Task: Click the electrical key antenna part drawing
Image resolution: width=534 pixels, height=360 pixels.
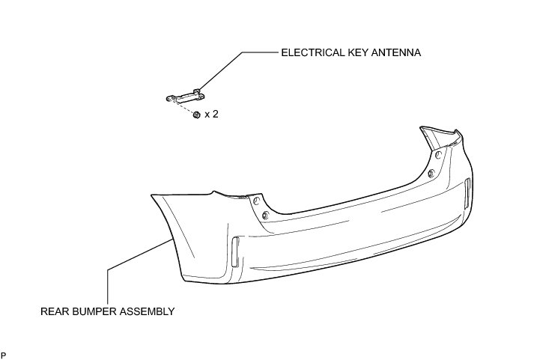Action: pyautogui.click(x=183, y=96)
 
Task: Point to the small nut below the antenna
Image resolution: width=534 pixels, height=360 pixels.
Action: pyautogui.click(x=195, y=115)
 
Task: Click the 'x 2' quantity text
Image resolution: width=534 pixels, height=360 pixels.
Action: pyautogui.click(x=210, y=115)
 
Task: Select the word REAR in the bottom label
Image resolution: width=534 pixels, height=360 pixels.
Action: pyautogui.click(x=52, y=311)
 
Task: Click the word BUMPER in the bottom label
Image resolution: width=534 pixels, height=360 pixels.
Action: pyautogui.click(x=94, y=311)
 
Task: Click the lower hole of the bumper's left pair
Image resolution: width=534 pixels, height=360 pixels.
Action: pyautogui.click(x=265, y=216)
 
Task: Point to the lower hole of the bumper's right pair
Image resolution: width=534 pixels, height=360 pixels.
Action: pyautogui.click(x=431, y=174)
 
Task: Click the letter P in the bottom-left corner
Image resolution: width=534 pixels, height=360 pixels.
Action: pyautogui.click(x=4, y=353)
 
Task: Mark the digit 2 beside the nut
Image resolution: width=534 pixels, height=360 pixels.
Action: pyautogui.click(x=215, y=115)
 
